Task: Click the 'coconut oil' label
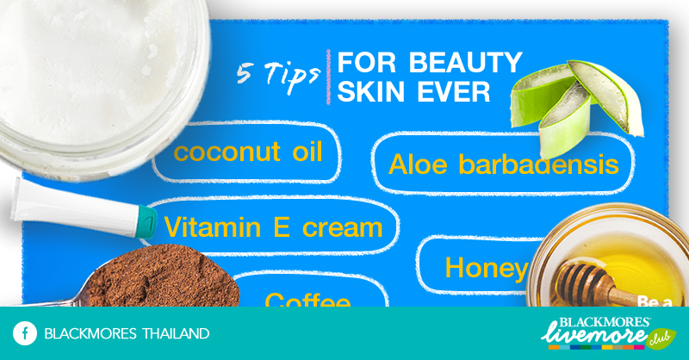point(248,153)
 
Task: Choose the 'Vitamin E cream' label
point(273,227)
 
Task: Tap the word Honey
point(485,268)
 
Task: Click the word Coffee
point(307,301)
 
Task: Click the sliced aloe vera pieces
point(577,99)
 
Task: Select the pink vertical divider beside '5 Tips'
point(328,78)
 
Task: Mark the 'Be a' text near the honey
point(655,301)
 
